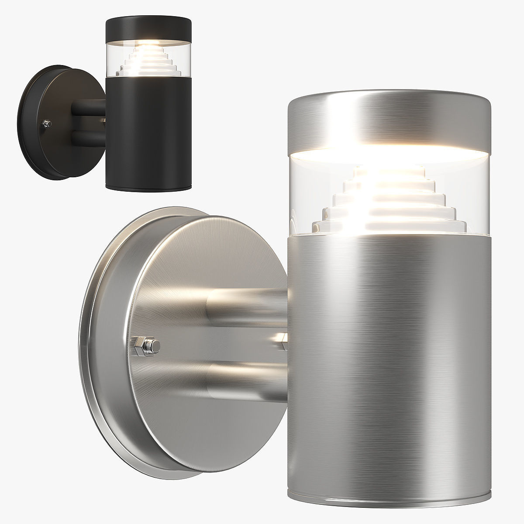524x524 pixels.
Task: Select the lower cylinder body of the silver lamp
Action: (x=389, y=349)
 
